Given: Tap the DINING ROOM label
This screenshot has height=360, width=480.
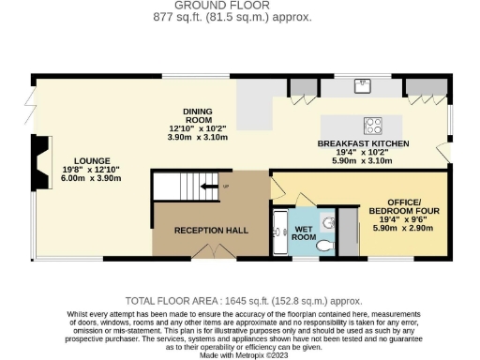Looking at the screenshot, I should pyautogui.click(x=198, y=115).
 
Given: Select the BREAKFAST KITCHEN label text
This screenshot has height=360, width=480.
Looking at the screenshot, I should pyautogui.click(x=363, y=143).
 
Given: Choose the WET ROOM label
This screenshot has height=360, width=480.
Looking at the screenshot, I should pyautogui.click(x=305, y=232).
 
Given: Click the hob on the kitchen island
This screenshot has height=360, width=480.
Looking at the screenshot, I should pyautogui.click(x=372, y=125).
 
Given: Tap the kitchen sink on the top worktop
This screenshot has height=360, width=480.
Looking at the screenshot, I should pyautogui.click(x=364, y=86).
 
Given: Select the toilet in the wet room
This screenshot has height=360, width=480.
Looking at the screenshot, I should pyautogui.click(x=324, y=245).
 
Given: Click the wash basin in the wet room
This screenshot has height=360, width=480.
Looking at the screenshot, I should pyautogui.click(x=327, y=221).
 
